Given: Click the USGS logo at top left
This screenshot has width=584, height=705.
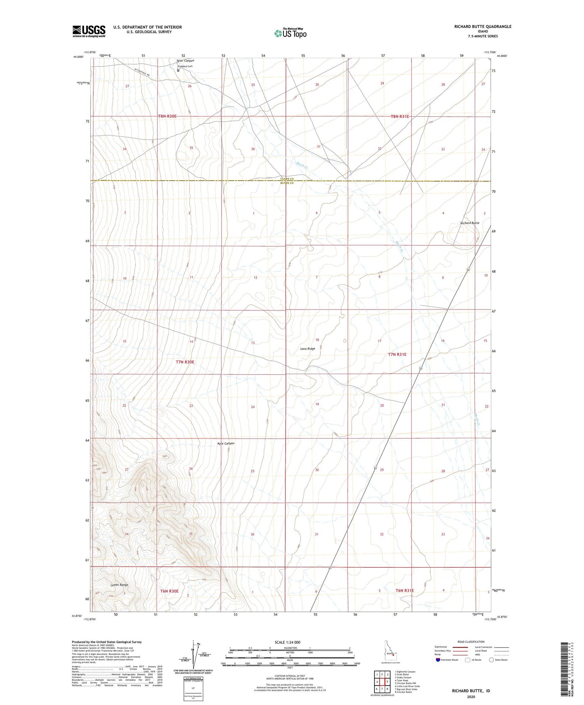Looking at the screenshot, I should (89, 31).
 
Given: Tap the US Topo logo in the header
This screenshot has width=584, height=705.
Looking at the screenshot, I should (290, 33).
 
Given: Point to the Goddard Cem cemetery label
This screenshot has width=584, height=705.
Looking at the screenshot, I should (185, 66).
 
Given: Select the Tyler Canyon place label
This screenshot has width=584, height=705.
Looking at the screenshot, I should (185, 61).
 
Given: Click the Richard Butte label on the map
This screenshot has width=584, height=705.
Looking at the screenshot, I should (470, 223).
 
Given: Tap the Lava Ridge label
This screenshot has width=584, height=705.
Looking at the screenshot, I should (308, 349).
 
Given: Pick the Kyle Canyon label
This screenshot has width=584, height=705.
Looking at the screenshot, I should (226, 443).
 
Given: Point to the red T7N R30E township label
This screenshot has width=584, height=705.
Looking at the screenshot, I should (185, 362).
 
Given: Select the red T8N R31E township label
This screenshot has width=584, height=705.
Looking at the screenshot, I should (400, 116).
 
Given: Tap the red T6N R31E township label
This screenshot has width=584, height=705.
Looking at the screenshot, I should (405, 591).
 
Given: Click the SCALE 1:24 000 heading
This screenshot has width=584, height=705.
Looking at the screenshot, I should (290, 642).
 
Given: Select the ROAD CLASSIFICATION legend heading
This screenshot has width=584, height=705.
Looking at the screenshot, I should (471, 642).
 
